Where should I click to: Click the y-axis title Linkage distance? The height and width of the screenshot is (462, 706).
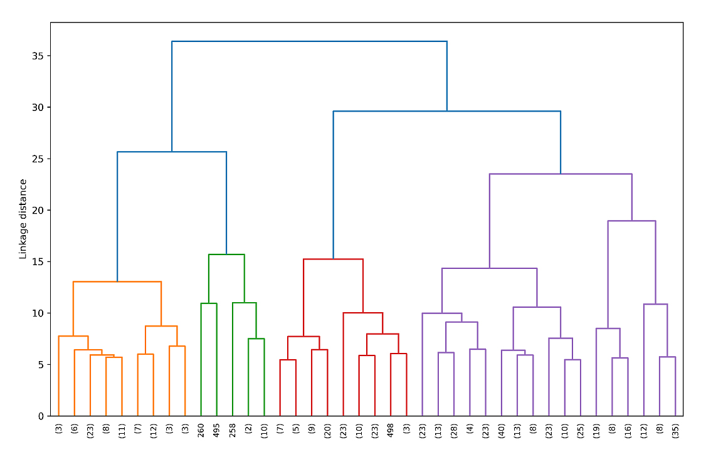(23, 219)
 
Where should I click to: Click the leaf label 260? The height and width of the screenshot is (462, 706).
(201, 430)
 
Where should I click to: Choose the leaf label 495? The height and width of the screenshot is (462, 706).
(217, 430)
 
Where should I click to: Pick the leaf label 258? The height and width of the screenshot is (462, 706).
(233, 430)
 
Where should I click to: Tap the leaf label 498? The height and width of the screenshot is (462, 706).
(391, 430)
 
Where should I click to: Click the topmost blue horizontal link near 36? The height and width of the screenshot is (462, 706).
(309, 41)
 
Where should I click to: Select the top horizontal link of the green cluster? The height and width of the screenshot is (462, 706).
(226, 255)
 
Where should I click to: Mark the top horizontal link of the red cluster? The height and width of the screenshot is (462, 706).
(333, 259)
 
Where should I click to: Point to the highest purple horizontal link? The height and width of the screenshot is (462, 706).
(561, 174)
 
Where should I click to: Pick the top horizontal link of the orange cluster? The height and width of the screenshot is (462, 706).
(117, 281)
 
